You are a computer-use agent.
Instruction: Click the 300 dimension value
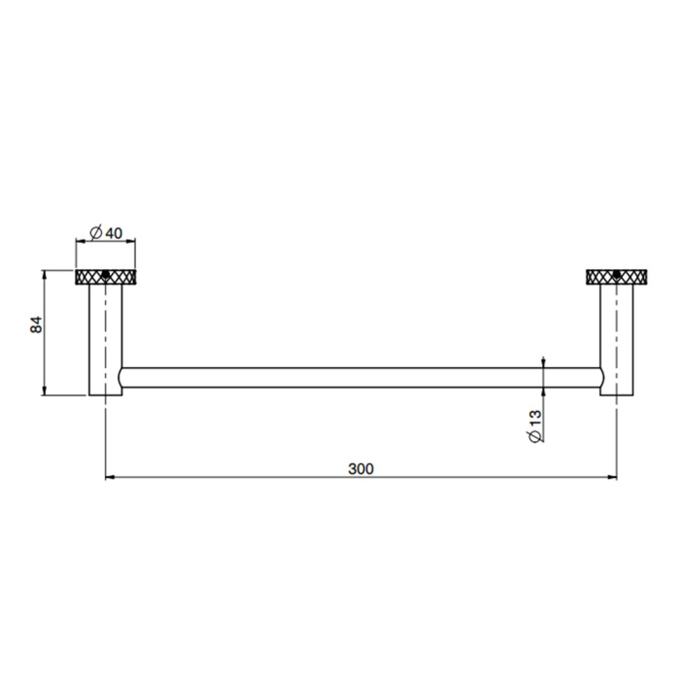361,469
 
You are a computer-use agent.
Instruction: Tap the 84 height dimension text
36,324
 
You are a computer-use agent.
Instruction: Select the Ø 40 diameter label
106,232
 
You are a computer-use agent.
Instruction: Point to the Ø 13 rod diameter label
535,426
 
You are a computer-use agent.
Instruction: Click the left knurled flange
106,277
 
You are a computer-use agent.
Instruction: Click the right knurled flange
616,277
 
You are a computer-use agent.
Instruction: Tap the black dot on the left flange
106,275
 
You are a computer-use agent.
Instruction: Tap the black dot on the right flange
616,275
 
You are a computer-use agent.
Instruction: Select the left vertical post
106,340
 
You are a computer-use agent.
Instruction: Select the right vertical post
617,340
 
